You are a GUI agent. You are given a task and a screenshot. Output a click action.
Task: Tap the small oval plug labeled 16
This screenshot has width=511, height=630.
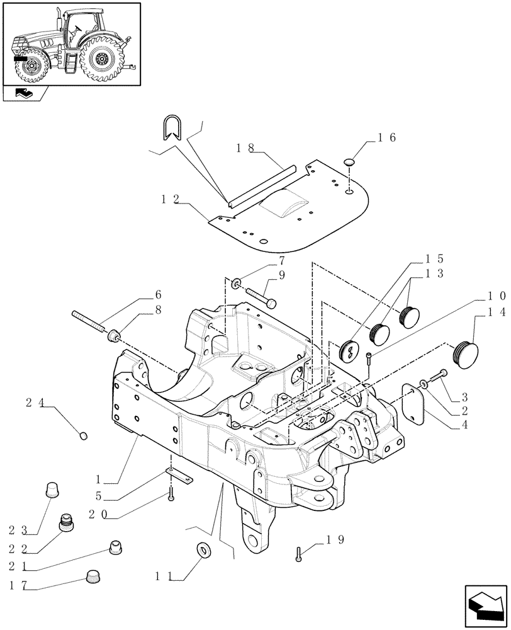pos(350,163)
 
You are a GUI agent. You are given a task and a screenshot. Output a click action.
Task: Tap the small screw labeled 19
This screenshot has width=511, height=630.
pos(299,554)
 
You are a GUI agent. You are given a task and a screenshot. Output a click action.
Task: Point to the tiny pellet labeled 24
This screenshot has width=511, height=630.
pos(84,435)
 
